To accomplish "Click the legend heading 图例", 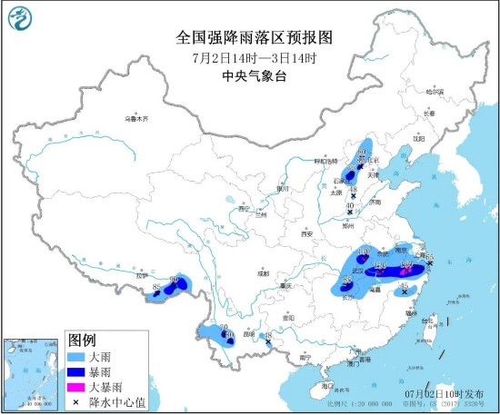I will [82, 341].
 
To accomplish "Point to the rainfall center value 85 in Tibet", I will [157, 288].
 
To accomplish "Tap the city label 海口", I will [326, 387].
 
